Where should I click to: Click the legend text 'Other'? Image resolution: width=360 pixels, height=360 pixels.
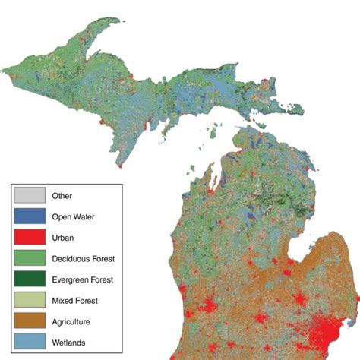pyautogui.click(x=62, y=196)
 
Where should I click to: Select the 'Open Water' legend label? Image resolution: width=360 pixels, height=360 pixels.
pyautogui.click(x=74, y=216)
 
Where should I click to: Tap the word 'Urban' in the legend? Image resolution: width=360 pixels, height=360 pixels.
pyautogui.click(x=63, y=238)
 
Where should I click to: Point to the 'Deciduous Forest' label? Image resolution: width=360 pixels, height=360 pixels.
pyautogui.click(x=84, y=258)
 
